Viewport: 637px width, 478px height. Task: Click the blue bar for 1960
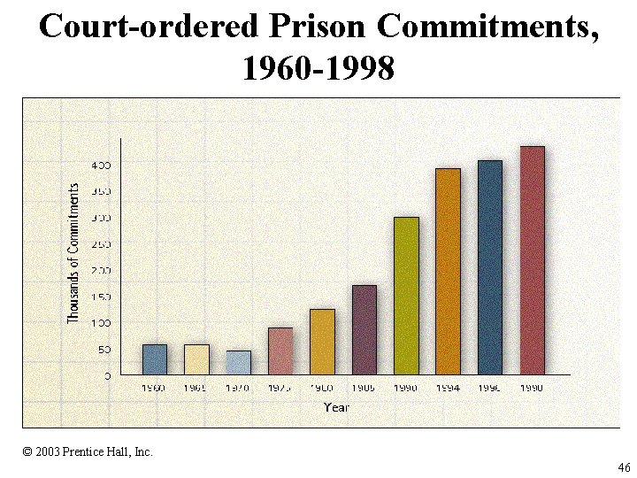click(155, 358)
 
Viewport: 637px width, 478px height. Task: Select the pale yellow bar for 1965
click(196, 358)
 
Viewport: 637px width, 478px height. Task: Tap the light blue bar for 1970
click(238, 362)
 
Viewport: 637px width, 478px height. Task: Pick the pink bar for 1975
click(280, 351)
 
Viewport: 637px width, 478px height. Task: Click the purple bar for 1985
click(365, 329)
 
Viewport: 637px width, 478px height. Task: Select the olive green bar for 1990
click(406, 295)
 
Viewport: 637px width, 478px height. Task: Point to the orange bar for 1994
click(449, 271)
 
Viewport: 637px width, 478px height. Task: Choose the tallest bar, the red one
click(532, 259)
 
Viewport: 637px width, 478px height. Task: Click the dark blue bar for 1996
click(490, 266)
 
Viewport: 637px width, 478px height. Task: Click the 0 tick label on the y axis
click(107, 375)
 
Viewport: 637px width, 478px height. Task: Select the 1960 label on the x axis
click(155, 388)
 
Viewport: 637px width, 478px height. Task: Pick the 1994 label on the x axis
click(449, 388)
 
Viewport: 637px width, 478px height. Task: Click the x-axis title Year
click(336, 407)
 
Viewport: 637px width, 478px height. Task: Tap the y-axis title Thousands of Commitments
click(74, 252)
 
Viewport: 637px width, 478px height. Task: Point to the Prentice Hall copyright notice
click(88, 451)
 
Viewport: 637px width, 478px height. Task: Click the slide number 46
click(624, 467)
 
